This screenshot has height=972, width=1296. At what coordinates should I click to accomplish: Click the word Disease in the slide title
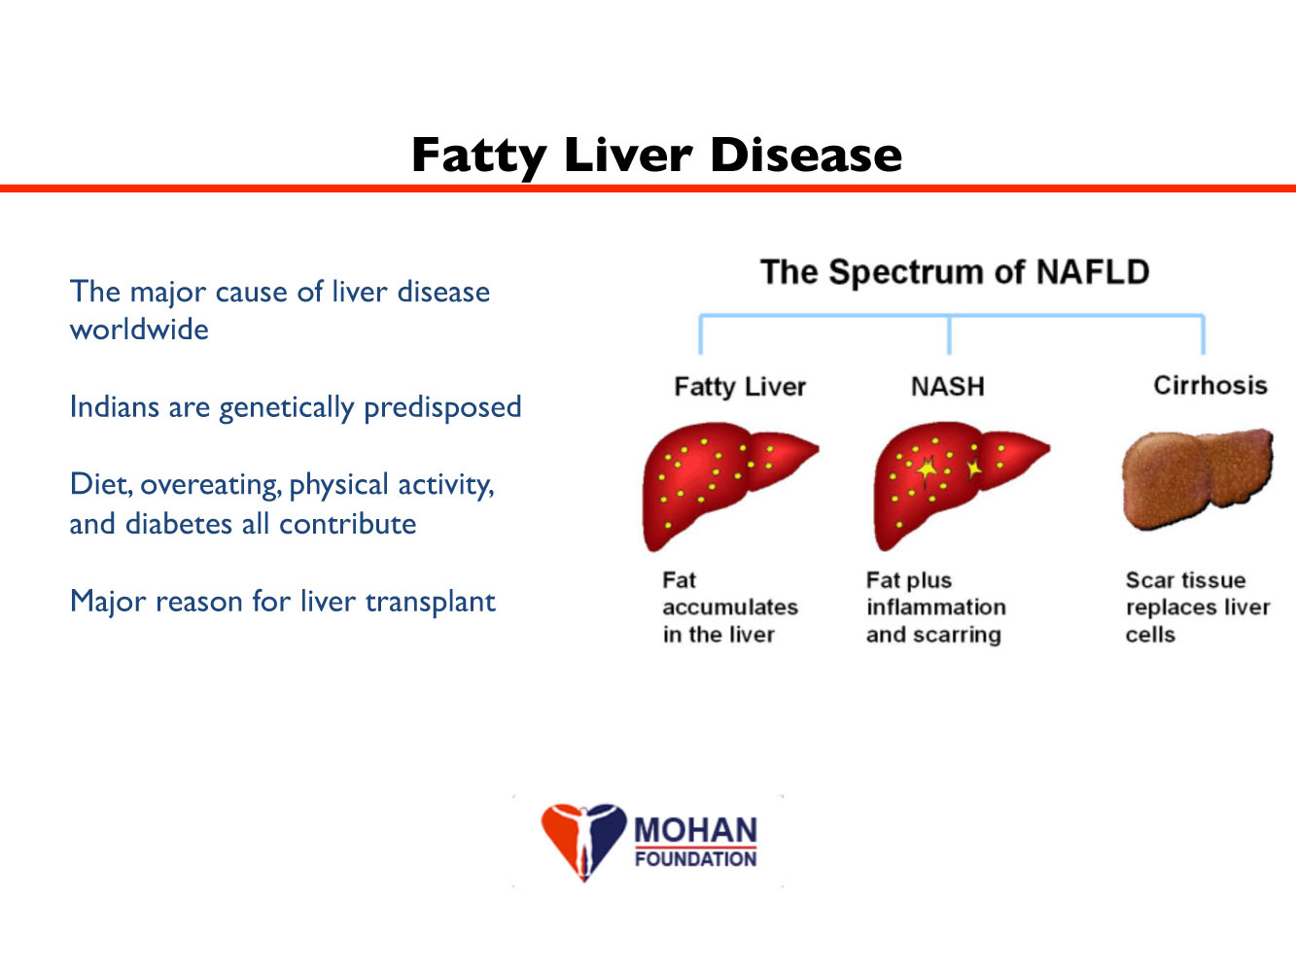coord(806,156)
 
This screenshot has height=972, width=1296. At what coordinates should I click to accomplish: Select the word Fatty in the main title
coord(479,157)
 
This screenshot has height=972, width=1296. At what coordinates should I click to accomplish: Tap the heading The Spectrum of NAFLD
coord(955,272)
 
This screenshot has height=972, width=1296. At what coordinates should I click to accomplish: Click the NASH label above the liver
coord(948,387)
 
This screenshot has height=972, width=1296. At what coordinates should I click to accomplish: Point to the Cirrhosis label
coord(1210,385)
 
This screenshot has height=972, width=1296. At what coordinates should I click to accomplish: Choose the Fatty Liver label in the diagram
coord(740,387)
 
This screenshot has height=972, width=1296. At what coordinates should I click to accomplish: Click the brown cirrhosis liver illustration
coord(1198,479)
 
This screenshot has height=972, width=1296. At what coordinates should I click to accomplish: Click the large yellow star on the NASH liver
coord(926,469)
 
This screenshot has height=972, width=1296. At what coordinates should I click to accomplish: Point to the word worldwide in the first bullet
coord(139,330)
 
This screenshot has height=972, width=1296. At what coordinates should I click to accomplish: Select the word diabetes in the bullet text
coord(178,524)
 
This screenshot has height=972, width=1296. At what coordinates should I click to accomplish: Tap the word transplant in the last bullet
coord(431,603)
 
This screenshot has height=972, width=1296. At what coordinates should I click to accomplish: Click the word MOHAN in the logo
coord(695,830)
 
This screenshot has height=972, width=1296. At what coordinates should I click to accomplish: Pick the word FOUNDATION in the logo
coord(695,858)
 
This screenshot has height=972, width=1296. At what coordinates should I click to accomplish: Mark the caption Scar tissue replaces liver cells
coord(1198,607)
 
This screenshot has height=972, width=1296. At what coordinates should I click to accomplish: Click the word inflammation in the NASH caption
coord(936,607)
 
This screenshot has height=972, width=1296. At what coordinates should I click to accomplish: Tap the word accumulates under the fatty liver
coord(730,607)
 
